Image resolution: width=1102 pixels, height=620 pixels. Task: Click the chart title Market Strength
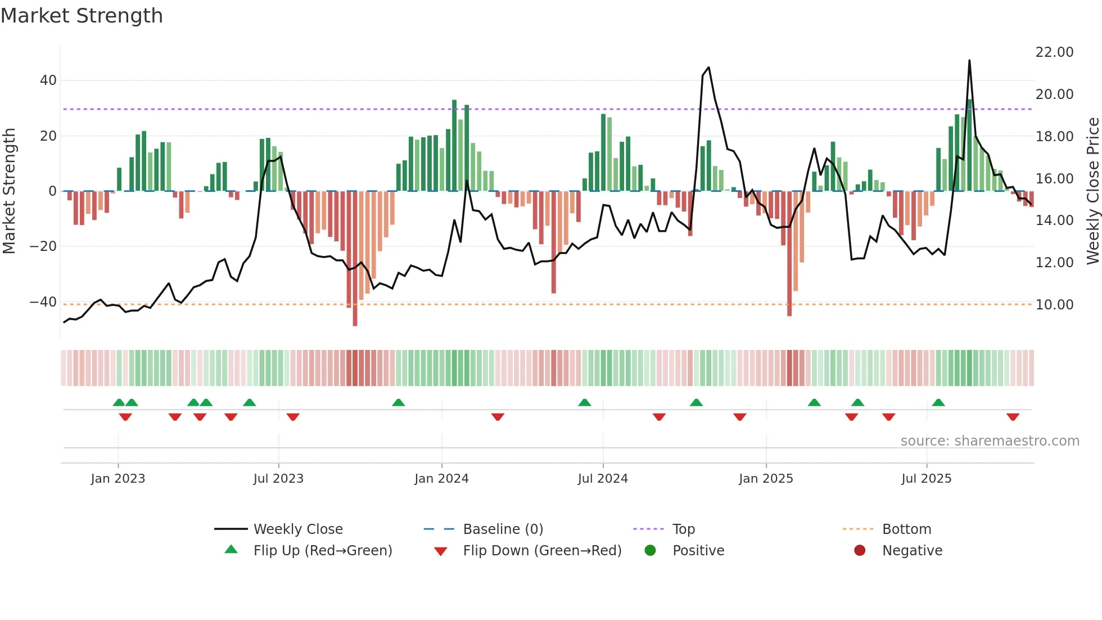pos(82,16)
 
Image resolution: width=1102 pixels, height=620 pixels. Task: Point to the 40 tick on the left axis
pos(48,80)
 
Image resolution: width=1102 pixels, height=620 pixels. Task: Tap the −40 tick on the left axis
pos(43,302)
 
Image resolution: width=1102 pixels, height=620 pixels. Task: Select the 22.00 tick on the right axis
pos(1054,52)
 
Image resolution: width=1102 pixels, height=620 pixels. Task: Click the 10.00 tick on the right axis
pos(1054,305)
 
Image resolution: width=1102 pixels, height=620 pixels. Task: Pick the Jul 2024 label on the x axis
pos(602,479)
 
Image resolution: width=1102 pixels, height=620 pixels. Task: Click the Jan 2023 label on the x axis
pos(118,479)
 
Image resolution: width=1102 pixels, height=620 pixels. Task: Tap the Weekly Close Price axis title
pos(1092,191)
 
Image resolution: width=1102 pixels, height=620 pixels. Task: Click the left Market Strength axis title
pos(10,191)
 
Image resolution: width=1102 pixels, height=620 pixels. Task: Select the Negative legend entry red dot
pos(860,551)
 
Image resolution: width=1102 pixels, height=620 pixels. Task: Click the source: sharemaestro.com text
pos(990,441)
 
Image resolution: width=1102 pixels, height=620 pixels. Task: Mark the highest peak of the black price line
pos(969,61)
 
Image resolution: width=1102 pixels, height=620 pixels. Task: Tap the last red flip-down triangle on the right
pos(1013,417)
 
